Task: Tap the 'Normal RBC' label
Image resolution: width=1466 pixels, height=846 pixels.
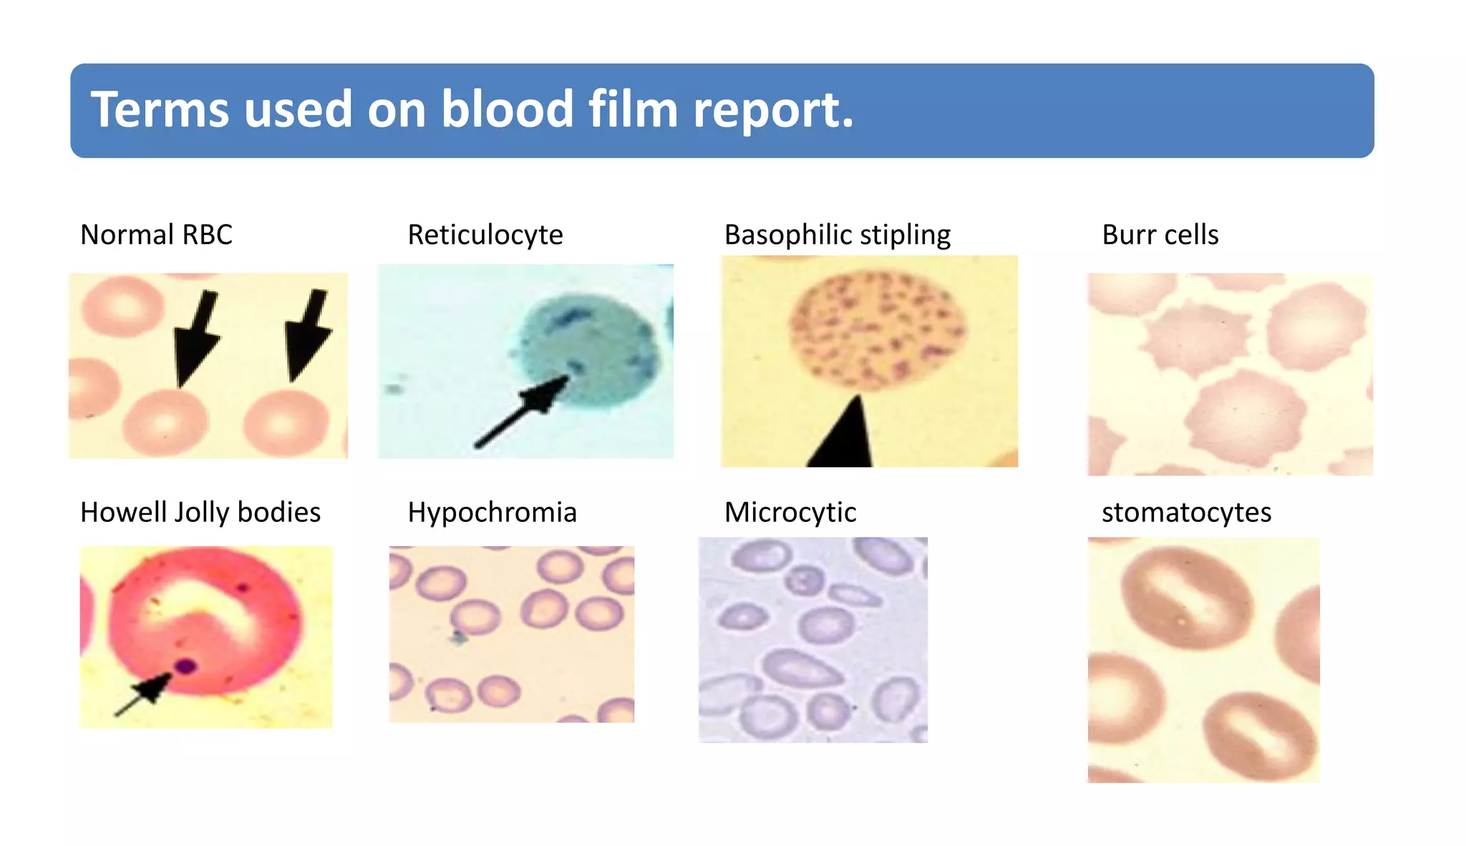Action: pyautogui.click(x=156, y=235)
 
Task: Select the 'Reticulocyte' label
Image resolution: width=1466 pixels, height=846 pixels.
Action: pyautogui.click(x=485, y=235)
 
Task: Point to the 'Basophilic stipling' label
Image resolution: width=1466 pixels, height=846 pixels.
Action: pyautogui.click(x=837, y=235)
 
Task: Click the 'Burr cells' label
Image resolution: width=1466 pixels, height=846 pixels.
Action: pyautogui.click(x=1160, y=235)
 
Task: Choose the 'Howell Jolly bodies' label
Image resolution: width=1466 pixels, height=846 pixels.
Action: pyautogui.click(x=200, y=512)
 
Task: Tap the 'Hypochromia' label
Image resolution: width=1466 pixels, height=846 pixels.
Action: pyautogui.click(x=492, y=512)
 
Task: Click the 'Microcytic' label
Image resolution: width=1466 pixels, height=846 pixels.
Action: pyautogui.click(x=790, y=512)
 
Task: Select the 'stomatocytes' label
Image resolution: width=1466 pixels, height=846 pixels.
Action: pyautogui.click(x=1186, y=512)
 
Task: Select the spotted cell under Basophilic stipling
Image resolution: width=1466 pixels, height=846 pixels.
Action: pyautogui.click(x=877, y=333)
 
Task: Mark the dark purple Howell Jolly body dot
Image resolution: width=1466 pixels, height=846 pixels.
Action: pyautogui.click(x=187, y=666)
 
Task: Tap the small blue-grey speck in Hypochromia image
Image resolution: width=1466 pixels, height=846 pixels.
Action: pyautogui.click(x=458, y=636)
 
